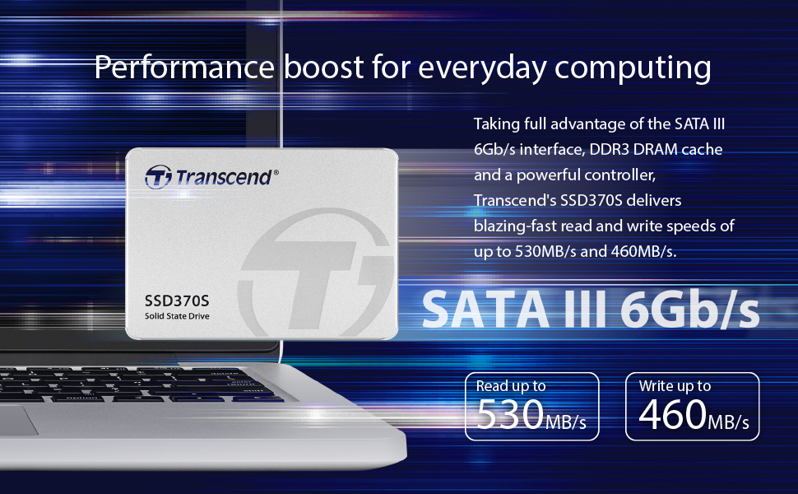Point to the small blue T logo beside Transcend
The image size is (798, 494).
158,176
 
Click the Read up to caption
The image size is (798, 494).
511,385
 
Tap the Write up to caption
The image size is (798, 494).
675,385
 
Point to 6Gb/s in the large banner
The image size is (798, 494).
689,307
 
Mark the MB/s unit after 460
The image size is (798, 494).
729,423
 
